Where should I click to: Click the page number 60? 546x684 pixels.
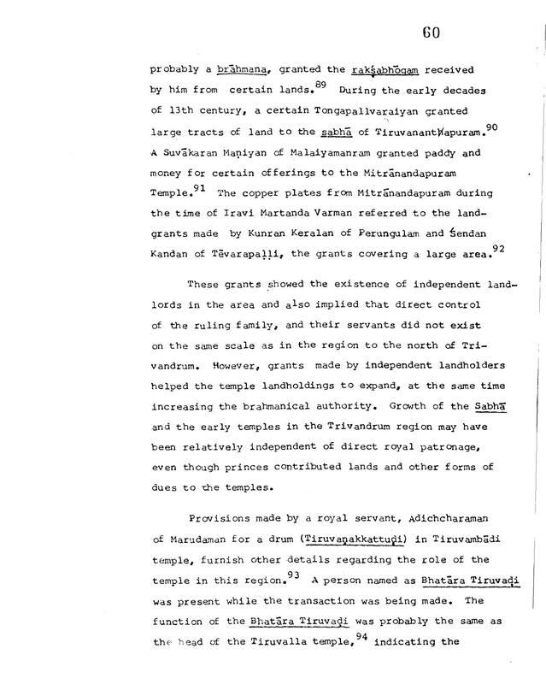coord(431,33)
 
